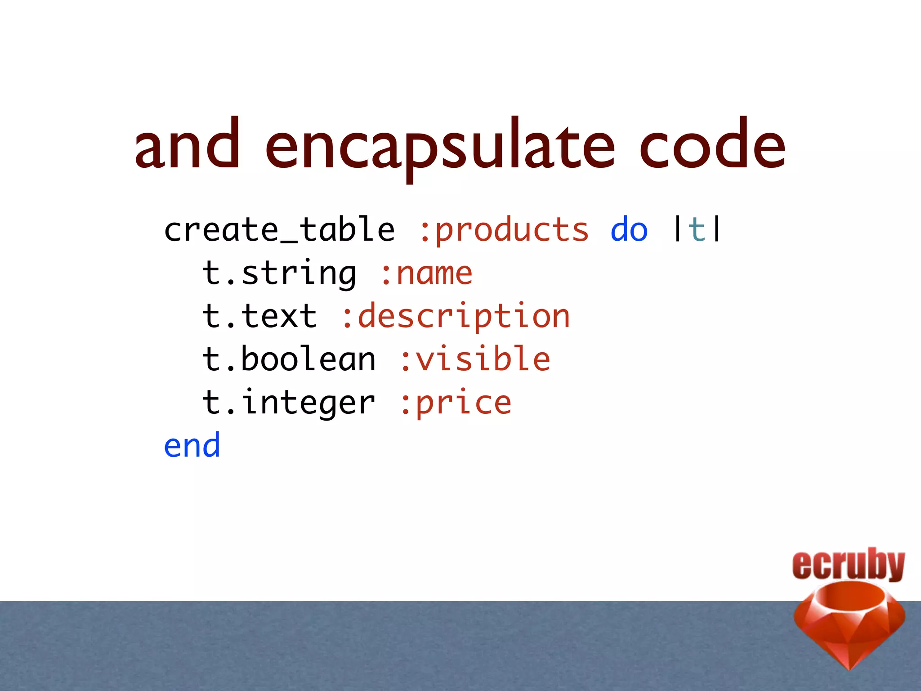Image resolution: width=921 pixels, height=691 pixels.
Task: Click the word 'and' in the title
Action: point(187,145)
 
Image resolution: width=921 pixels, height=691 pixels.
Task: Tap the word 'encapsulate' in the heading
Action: point(440,147)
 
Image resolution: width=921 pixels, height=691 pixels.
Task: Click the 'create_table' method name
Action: point(279,229)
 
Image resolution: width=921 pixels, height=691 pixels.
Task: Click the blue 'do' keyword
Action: point(629,229)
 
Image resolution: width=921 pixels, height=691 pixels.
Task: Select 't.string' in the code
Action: point(279,273)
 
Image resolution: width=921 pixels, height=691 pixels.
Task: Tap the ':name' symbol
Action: point(426,273)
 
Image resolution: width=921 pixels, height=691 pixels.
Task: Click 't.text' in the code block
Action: point(260,316)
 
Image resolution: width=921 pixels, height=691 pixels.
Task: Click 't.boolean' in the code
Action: point(289,359)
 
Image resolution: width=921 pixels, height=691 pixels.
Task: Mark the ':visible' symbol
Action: point(475,359)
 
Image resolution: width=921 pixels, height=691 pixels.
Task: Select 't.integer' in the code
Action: point(289,402)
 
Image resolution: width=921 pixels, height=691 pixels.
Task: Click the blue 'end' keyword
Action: point(192,445)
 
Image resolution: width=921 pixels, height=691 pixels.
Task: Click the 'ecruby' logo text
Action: point(848,564)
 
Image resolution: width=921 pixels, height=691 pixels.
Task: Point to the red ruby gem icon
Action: point(849,625)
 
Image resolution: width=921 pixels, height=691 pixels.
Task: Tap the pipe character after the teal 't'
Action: point(716,229)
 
